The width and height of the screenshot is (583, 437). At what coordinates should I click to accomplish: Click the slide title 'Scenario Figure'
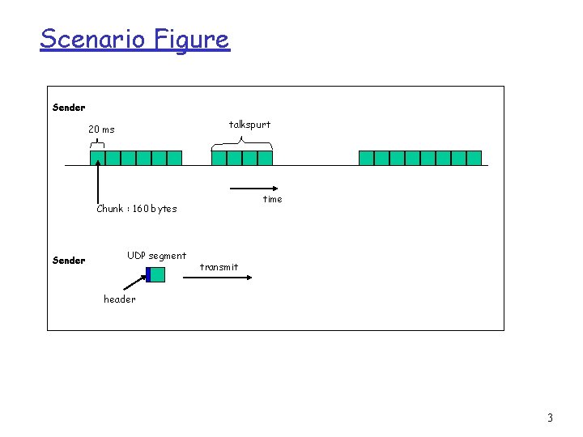134,39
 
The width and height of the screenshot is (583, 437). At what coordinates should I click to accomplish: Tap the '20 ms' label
101,129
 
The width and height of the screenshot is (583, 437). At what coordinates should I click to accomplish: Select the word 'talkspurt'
249,125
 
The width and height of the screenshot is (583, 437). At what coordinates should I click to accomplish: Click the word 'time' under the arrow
273,199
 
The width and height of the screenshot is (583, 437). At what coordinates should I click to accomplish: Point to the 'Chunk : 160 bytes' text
136,209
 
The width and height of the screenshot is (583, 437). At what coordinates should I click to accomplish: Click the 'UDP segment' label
156,256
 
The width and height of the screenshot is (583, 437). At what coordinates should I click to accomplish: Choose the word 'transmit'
219,267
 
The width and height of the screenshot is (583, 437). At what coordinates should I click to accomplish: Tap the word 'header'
120,299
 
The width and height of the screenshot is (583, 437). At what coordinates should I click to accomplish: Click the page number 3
551,418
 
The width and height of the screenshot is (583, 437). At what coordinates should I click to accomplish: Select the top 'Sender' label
69,107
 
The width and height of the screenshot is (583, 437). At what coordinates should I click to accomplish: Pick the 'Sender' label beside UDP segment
69,261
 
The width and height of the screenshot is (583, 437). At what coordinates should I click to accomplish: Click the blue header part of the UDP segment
148,274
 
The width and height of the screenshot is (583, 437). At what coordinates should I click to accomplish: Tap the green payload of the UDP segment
158,274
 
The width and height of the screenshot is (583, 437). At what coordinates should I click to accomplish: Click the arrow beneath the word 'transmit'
217,277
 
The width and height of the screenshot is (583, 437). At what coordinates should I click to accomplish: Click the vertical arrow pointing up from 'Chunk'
97,182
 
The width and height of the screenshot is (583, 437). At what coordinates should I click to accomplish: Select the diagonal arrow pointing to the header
134,282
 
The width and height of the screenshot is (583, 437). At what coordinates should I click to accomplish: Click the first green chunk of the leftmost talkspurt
97,158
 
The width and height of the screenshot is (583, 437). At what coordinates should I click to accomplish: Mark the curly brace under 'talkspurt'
241,144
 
